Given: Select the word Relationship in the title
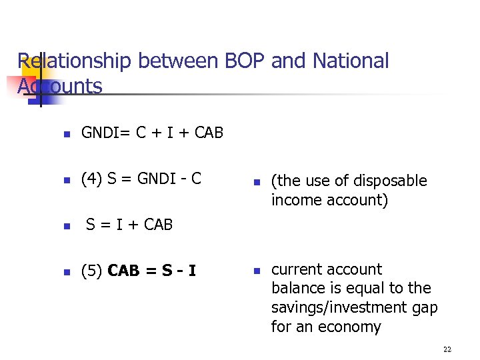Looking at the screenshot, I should (x=75, y=61).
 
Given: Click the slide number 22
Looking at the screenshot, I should (x=447, y=349).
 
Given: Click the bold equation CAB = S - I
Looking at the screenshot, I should (x=151, y=271).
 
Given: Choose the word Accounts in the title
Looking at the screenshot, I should (x=60, y=86).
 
